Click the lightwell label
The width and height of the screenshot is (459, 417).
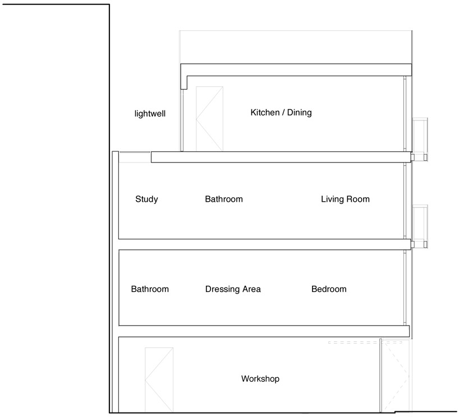pos(150,113)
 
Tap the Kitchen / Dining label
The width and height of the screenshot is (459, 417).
pos(281,112)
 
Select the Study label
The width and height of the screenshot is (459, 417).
pos(146,199)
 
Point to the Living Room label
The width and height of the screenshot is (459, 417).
pos(345,199)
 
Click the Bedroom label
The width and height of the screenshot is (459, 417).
pos(329,289)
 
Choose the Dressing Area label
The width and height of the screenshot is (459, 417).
pos(233,289)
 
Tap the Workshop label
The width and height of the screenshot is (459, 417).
pos(260,379)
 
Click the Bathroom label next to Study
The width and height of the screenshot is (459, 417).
pos(224,199)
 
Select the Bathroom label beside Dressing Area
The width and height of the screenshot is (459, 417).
pos(150,289)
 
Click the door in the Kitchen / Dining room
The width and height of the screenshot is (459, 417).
pos(209,119)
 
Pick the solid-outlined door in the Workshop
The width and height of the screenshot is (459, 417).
pos(159,380)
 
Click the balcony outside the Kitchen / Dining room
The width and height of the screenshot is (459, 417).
pos(420,139)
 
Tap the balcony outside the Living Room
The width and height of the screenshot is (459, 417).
pos(420,226)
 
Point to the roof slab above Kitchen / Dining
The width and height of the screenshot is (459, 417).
pos(296,70)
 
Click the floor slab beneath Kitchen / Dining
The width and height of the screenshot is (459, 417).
pos(281,157)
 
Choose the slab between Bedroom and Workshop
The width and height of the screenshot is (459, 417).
pos(264,331)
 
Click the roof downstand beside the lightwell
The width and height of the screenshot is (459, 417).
pos(184,82)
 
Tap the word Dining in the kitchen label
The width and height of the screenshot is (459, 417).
pos(299,112)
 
